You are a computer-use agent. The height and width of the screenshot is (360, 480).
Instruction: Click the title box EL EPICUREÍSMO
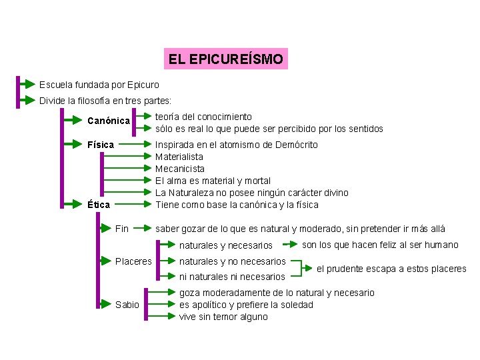(226, 59)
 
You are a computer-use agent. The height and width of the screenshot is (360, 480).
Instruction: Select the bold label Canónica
(109, 121)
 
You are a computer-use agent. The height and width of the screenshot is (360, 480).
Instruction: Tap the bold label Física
(101, 145)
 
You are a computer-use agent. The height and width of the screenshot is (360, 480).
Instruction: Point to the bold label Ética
(99, 205)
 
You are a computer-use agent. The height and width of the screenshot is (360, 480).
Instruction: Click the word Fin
(121, 229)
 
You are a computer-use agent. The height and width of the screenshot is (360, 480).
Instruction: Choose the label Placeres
(133, 261)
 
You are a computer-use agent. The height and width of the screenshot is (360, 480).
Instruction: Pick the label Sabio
(127, 305)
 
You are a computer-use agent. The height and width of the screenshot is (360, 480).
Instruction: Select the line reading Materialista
(179, 157)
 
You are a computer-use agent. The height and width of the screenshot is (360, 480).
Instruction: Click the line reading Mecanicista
(180, 169)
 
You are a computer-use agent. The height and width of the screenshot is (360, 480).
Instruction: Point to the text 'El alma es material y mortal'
(213, 181)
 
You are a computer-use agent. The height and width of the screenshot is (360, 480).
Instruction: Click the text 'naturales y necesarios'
(226, 245)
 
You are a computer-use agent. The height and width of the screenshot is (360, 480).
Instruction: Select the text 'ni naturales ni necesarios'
(232, 277)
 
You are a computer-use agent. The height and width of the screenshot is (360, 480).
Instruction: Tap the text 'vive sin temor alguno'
(223, 317)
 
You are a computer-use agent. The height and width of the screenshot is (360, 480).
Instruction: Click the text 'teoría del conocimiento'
(203, 117)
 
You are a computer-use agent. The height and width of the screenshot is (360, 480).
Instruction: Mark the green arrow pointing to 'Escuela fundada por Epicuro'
(27, 85)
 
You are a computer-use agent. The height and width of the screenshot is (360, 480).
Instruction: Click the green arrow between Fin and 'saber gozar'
(141, 229)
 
